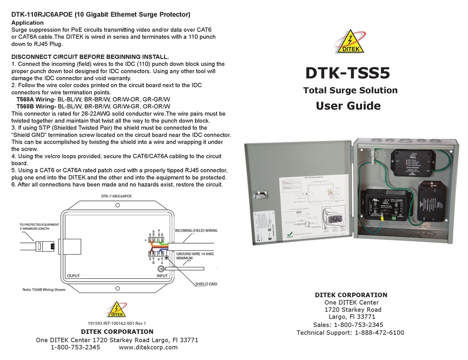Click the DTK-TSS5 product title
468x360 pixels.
point(347,73)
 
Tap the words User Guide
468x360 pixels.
point(348,106)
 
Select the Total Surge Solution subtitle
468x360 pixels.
point(350,91)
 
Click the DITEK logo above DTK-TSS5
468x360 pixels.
point(351,41)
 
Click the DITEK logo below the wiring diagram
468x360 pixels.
point(117,310)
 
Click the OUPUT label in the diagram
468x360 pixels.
point(73,276)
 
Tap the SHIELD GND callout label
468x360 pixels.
point(206,284)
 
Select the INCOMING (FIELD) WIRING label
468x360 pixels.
point(196,230)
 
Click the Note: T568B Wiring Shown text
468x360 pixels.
point(44,290)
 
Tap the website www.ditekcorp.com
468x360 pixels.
point(148,347)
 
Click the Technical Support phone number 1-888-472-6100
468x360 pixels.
point(379,332)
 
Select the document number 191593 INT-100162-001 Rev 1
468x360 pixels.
point(116,324)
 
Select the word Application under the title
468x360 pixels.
point(27,23)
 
